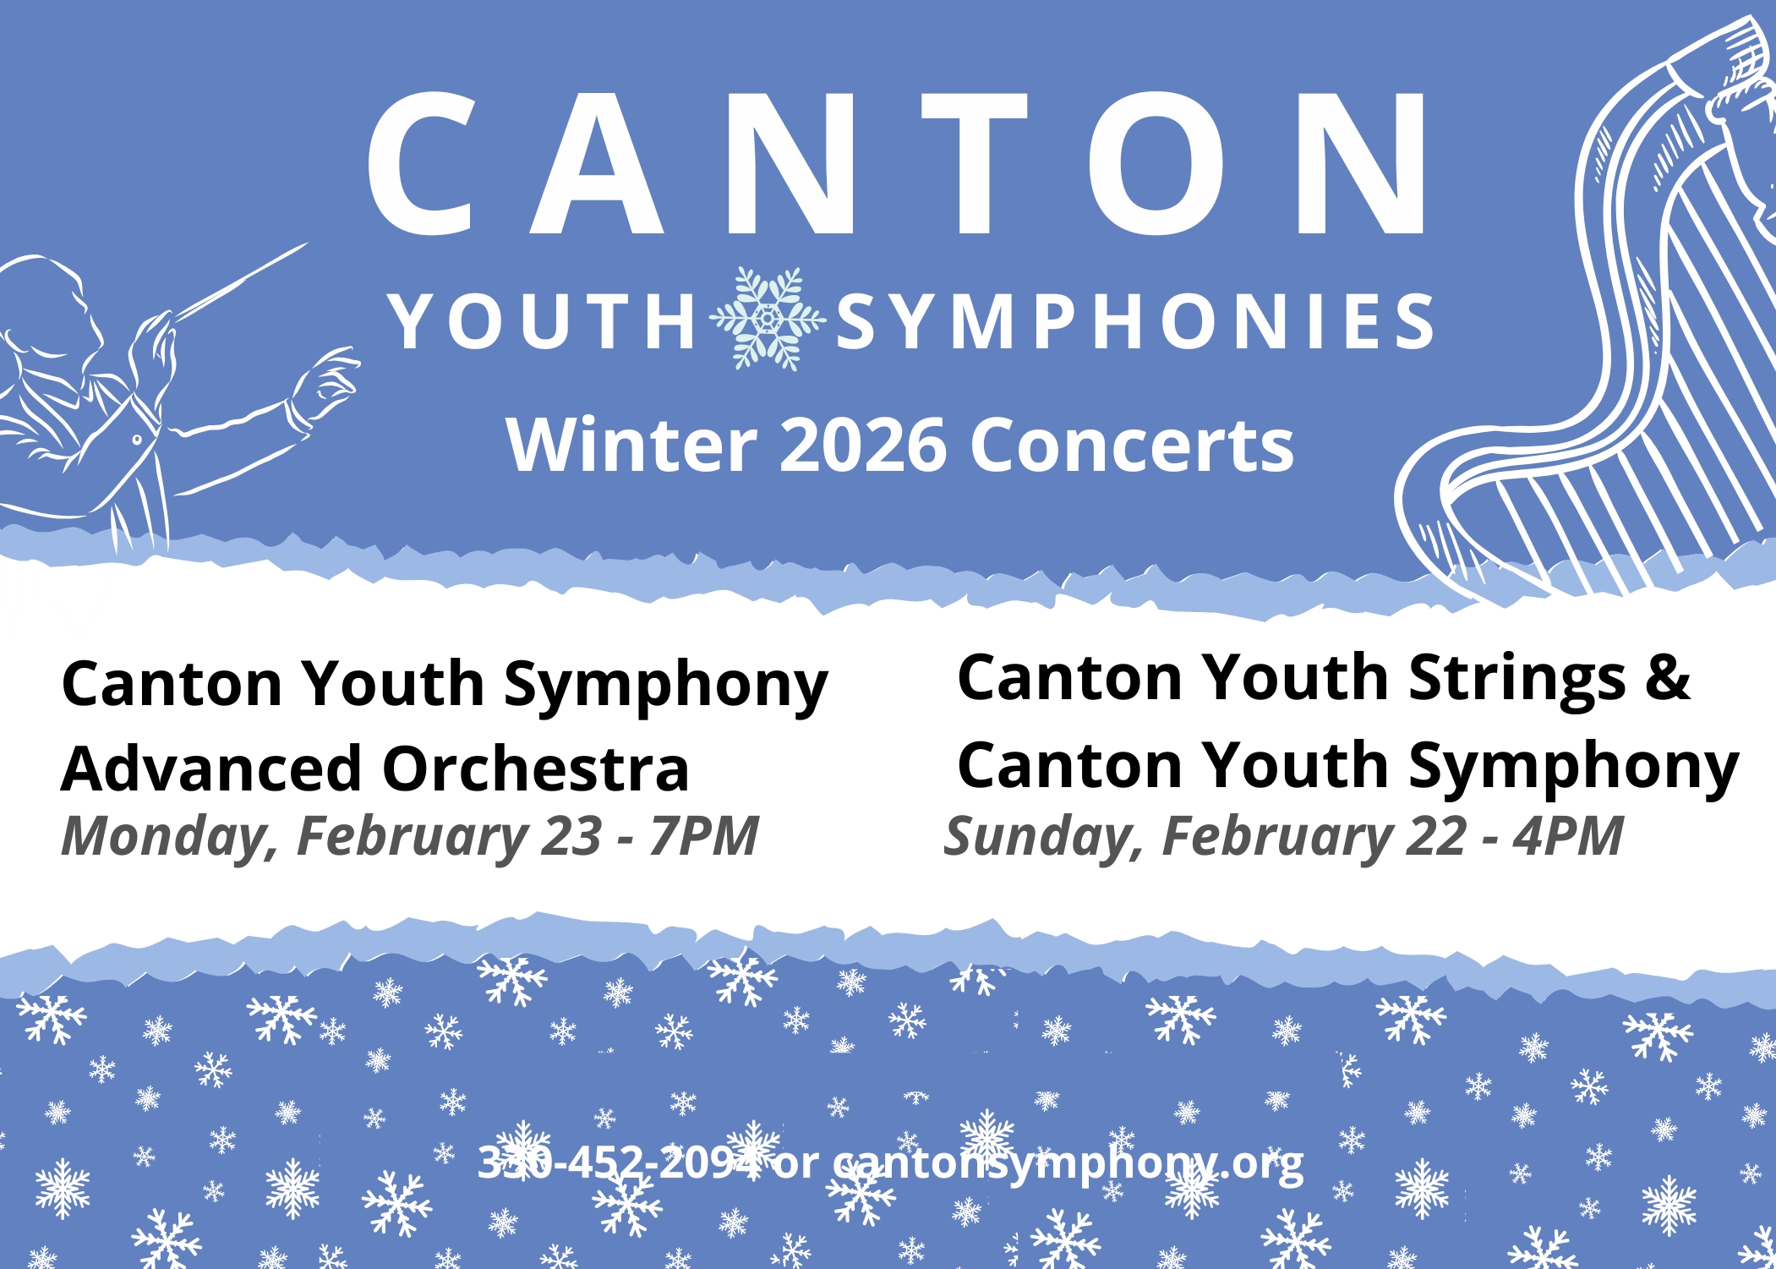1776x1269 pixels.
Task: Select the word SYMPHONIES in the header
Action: [1135, 321]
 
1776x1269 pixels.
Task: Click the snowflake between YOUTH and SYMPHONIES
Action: [768, 319]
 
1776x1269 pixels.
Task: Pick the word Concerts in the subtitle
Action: [1132, 446]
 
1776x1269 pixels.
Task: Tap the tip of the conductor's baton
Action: [308, 243]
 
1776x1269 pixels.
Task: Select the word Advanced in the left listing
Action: [211, 769]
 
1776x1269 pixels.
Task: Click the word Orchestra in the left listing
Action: [536, 769]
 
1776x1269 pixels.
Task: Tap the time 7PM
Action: [703, 837]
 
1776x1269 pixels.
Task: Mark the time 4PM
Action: [1568, 837]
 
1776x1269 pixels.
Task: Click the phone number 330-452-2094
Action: [619, 1162]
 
